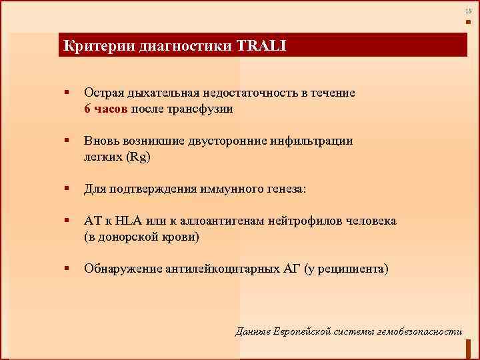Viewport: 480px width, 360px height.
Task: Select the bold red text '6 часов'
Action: coord(107,109)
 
